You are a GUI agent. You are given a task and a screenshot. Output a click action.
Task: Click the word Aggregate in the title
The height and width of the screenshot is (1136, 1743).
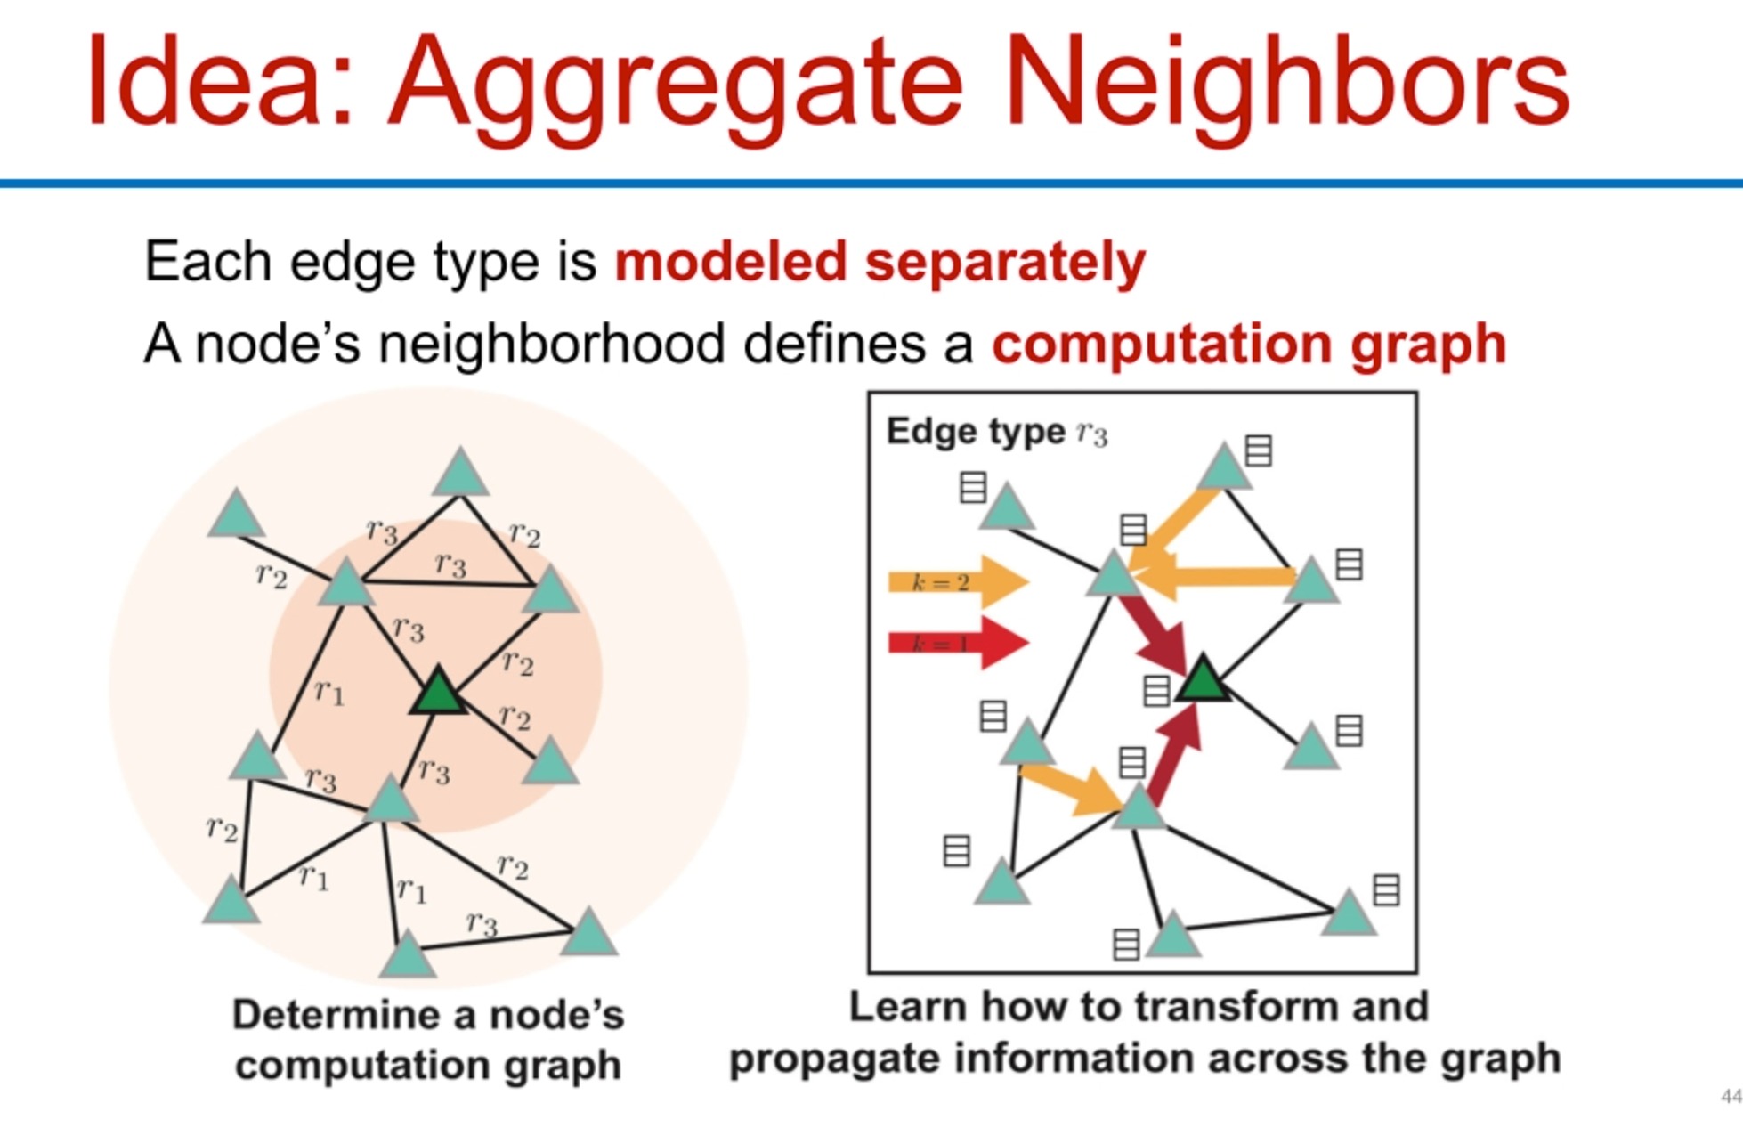tap(675, 82)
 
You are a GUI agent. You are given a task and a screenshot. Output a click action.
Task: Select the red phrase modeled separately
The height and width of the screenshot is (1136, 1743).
tap(880, 262)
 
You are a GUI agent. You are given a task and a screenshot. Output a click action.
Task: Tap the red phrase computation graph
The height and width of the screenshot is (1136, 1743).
tap(1248, 344)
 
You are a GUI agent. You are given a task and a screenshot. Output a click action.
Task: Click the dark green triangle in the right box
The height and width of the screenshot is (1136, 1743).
tap(1203, 681)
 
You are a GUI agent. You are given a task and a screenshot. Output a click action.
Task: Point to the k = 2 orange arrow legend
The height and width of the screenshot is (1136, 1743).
tap(957, 582)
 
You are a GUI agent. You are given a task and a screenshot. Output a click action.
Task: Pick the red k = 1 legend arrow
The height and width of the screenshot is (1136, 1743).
tap(957, 642)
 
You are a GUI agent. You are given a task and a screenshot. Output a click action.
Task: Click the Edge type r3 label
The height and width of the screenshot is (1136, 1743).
tap(996, 432)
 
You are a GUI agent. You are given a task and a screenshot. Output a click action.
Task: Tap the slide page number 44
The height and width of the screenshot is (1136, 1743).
tap(1731, 1096)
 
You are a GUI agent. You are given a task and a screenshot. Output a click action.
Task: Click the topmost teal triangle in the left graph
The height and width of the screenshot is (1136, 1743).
tap(460, 474)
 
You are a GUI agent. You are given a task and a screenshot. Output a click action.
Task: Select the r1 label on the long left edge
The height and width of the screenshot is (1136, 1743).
tap(329, 691)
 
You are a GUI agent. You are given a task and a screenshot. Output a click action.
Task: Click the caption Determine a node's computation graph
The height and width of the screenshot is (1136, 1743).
tap(428, 1040)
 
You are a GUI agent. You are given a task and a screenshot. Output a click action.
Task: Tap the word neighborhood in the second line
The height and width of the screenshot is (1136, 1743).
tap(551, 344)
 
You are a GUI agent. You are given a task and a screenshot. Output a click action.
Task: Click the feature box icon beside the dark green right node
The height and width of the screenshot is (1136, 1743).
tap(1155, 691)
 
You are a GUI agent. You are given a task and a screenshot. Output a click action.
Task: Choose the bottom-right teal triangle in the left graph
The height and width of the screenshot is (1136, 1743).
tap(589, 934)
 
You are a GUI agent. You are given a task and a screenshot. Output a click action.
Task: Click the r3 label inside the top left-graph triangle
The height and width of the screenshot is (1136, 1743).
tap(450, 564)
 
